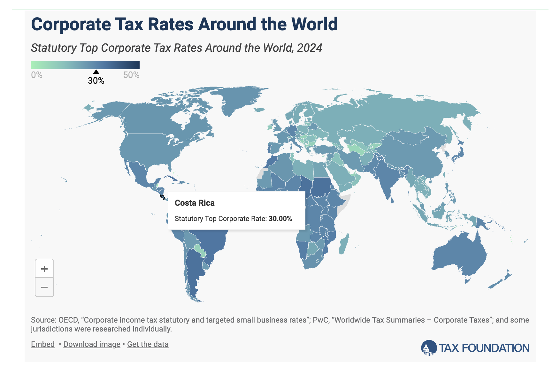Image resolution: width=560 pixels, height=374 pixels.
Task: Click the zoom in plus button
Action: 44,269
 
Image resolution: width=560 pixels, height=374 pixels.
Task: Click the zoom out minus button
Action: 44,287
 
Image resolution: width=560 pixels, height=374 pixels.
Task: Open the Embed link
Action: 43,344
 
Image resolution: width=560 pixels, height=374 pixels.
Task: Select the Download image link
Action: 92,344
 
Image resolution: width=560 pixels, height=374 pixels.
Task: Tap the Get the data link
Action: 148,344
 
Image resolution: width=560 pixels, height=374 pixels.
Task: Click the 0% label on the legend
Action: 37,75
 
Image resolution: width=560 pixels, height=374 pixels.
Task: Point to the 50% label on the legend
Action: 131,75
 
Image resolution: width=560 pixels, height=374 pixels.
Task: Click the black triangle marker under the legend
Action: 96,72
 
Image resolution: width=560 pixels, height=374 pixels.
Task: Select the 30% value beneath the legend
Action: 96,81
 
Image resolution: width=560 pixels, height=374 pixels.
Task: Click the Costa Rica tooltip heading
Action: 195,203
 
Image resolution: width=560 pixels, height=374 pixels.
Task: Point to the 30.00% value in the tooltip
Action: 280,219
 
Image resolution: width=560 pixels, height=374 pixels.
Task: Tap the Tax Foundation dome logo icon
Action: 429,348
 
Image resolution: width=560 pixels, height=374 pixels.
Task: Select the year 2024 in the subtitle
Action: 309,48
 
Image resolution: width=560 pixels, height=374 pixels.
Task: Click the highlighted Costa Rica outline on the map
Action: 162,197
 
